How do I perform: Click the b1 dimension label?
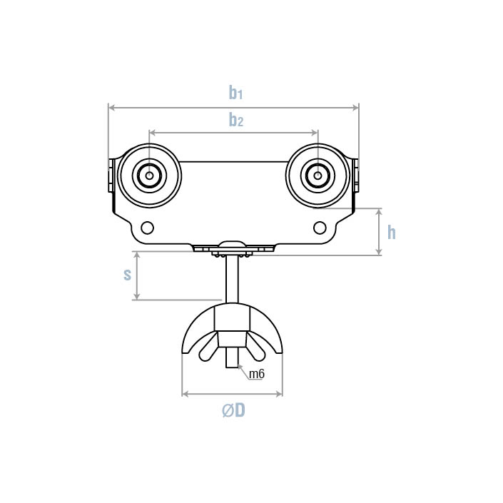pos(235,92)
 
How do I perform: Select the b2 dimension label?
pos(236,120)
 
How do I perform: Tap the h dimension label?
pos(392,232)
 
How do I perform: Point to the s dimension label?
pos(127,275)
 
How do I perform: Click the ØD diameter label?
pos(233,410)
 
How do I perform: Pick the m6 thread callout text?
pos(257,374)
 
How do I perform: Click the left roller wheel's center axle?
pos(150,176)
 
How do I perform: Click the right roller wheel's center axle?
pos(317,176)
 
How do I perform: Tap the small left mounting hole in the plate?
pos(147,228)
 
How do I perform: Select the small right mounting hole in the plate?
pos(320,228)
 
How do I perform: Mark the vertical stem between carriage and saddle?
pos(232,279)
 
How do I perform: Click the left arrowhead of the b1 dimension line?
pos(111,108)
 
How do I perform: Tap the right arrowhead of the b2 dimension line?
pos(315,133)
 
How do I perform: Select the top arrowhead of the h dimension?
pos(379,212)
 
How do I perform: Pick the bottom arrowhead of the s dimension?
pos(137,296)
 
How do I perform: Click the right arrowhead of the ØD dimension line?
pos(279,394)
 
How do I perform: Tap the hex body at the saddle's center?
pos(232,317)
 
